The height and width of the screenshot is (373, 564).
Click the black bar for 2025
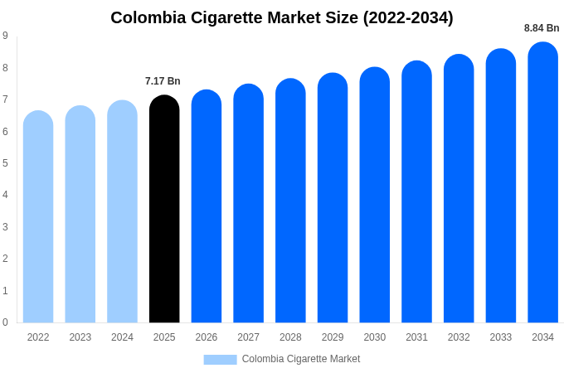(x=164, y=211)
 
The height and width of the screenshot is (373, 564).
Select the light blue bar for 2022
(x=38, y=220)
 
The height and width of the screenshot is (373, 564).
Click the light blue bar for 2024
(x=122, y=214)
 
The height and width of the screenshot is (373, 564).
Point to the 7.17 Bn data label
(x=163, y=81)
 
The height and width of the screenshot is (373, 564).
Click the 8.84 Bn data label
(x=542, y=28)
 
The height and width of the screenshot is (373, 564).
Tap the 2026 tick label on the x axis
(x=207, y=337)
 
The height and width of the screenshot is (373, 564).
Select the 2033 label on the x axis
(x=500, y=337)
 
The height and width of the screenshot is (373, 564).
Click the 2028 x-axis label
(x=290, y=337)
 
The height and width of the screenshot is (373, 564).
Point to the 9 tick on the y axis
(x=5, y=36)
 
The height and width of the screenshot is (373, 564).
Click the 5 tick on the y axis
(x=5, y=163)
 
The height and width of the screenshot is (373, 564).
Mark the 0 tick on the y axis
(x=5, y=322)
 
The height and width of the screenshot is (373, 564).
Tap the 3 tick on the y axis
(x=5, y=227)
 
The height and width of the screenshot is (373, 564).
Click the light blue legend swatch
(x=220, y=360)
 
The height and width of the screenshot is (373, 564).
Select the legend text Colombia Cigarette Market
(x=301, y=359)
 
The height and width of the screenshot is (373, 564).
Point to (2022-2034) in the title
(x=408, y=17)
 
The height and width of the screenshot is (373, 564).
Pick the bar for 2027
(x=248, y=205)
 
